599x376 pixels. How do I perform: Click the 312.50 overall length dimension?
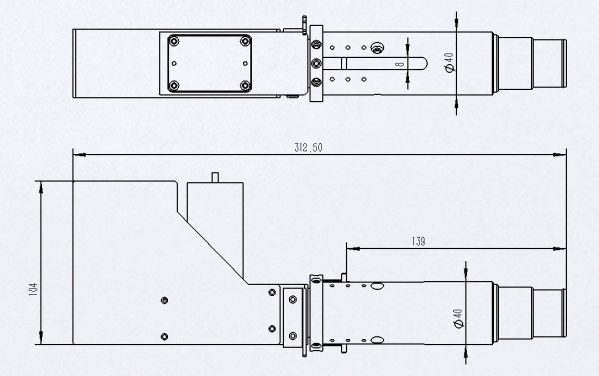click(x=308, y=148)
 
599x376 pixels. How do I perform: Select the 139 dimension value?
click(x=418, y=241)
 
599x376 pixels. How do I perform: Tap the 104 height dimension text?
click(x=33, y=290)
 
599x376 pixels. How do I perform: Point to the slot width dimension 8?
click(x=400, y=64)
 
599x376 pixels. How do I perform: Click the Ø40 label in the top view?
click(x=449, y=62)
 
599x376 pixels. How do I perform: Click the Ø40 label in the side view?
click(x=459, y=319)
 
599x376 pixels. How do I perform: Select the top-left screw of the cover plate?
click(x=174, y=41)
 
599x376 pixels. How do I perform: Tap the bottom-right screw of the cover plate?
click(x=245, y=86)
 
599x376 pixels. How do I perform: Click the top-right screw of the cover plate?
click(x=245, y=41)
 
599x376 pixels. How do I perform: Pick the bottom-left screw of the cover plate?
click(x=174, y=86)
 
